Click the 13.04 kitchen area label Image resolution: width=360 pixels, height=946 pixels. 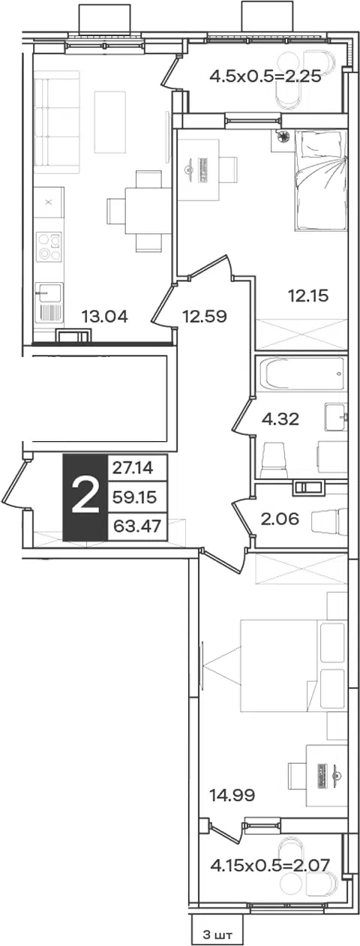(104, 316)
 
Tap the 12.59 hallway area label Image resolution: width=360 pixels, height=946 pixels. (205, 316)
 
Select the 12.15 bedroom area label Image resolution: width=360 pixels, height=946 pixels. (308, 295)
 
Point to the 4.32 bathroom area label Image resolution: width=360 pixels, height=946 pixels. (280, 419)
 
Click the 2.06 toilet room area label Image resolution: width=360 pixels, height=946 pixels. (280, 518)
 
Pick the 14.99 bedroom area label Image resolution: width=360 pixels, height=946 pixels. (232, 796)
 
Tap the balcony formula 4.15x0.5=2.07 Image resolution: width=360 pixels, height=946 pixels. (270, 865)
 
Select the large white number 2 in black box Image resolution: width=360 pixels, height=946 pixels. (85, 497)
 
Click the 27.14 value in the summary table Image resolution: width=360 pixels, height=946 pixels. (133, 468)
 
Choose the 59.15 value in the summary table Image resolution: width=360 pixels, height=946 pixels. (135, 497)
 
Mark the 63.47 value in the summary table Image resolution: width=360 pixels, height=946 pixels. (136, 526)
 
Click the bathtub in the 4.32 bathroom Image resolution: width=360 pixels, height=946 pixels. (301, 374)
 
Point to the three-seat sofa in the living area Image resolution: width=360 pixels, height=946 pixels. (56, 122)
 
